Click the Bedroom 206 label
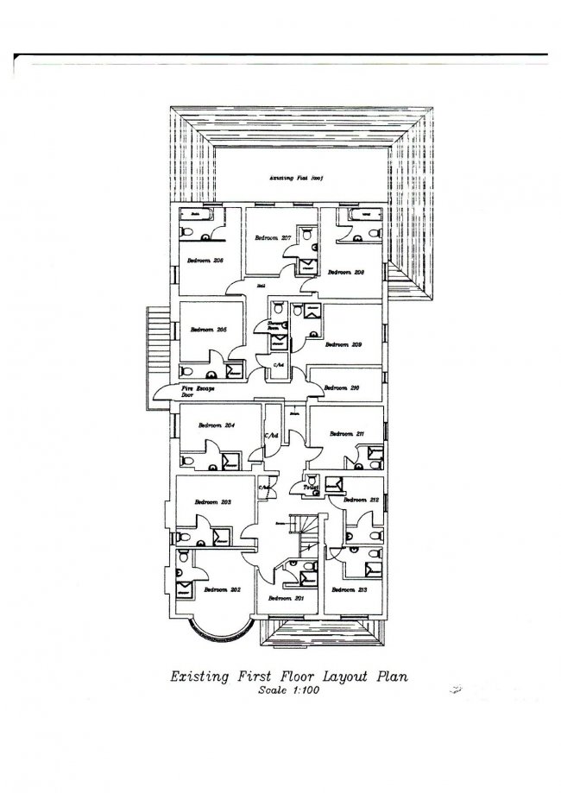tap(206, 260)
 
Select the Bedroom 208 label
tap(344, 272)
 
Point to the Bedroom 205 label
tap(208, 330)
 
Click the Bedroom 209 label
tap(343, 343)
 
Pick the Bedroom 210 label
tap(340, 388)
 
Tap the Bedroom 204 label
tap(217, 425)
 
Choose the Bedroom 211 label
tap(348, 433)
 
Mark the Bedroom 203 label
tap(212, 501)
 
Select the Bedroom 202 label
tap(222, 589)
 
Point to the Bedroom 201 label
tap(287, 598)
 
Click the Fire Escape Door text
tap(199, 392)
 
